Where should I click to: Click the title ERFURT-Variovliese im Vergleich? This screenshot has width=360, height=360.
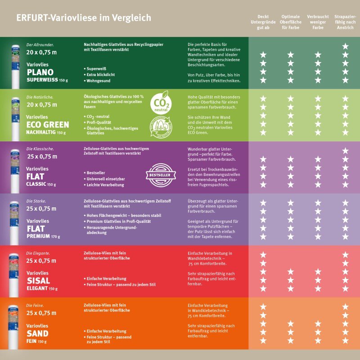coord(83,18)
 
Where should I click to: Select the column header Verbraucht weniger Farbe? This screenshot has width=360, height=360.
coord(318,22)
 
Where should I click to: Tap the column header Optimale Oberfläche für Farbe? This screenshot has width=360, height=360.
coord(291,22)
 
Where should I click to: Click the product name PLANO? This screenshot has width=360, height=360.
coord(40,72)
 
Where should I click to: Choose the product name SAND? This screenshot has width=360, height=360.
coord(37,333)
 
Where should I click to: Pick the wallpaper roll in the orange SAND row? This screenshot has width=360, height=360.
coord(15,324)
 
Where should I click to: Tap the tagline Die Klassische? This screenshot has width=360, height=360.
coord(40,148)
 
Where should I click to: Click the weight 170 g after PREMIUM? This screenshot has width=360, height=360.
coord(56,237)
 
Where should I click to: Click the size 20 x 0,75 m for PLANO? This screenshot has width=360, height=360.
coord(42,52)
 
